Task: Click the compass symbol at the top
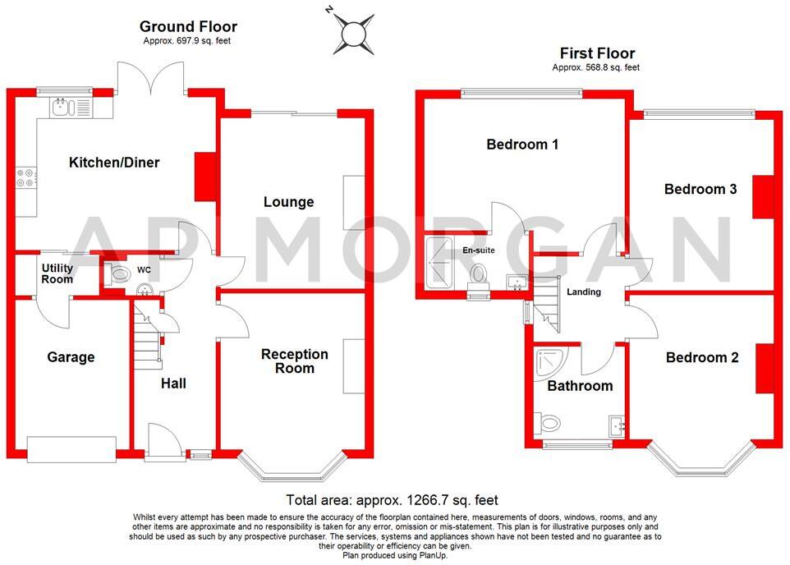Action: [x=351, y=33]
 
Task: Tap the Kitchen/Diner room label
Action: [x=113, y=163]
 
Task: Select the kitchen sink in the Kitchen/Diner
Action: [x=64, y=107]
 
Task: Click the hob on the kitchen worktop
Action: [x=25, y=178]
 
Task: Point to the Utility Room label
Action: [x=57, y=274]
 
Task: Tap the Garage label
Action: [x=71, y=357]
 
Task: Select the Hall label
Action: [x=172, y=384]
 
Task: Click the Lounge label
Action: [x=288, y=202]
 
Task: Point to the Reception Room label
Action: [x=294, y=361]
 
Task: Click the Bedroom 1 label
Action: [x=522, y=145]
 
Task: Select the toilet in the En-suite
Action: [x=479, y=273]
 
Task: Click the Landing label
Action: [x=584, y=292]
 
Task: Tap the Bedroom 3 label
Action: [x=700, y=189]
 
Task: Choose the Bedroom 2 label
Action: [x=701, y=357]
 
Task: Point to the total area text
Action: [x=392, y=499]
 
